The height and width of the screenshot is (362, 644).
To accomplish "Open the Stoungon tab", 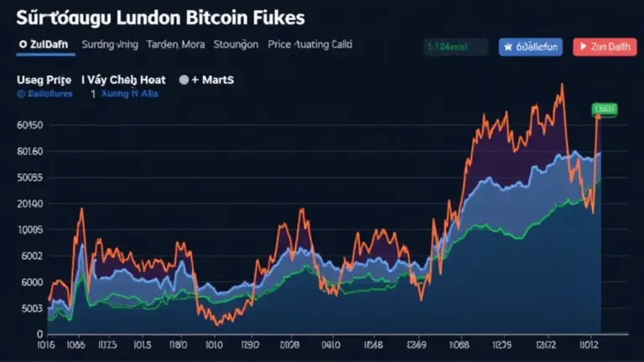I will (236, 45).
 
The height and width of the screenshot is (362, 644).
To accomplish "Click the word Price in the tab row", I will (279, 45).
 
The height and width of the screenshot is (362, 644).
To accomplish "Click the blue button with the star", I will (530, 47).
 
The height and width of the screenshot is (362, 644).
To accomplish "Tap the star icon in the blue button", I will (508, 47).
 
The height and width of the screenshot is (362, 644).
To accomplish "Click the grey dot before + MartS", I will (184, 80).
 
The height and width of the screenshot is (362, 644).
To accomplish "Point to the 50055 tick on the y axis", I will (29, 178).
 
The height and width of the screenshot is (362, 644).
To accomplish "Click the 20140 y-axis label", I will (29, 204).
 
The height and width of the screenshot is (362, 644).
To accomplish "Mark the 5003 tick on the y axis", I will (29, 309).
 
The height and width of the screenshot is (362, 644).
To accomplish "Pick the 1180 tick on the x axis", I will (178, 344).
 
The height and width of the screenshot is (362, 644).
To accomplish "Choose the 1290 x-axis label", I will (250, 344).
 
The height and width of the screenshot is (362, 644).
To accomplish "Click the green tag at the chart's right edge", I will (604, 109).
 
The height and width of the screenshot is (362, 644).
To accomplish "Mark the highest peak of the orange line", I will (560, 85).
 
